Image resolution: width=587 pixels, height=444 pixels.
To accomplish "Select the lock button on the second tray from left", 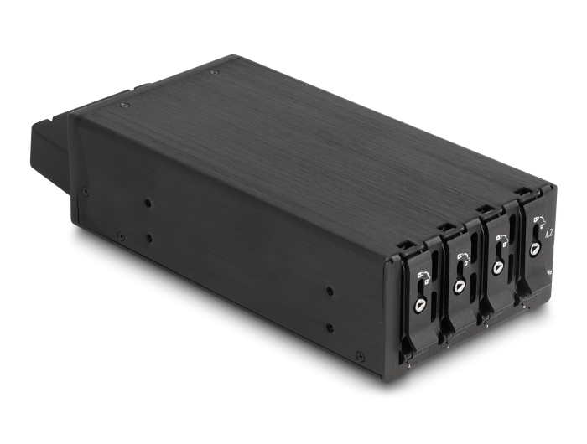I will click(460, 286).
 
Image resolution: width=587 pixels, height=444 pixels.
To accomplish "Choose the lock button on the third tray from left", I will click(498, 267).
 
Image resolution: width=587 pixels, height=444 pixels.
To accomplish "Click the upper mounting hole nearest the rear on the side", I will click(148, 204).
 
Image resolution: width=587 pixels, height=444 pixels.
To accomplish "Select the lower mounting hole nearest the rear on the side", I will click(149, 238).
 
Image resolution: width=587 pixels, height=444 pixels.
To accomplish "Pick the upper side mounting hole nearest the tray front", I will click(329, 292).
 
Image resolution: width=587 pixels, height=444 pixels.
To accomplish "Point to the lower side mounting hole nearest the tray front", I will click(330, 327).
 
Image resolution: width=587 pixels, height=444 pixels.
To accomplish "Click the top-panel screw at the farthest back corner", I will click(214, 73).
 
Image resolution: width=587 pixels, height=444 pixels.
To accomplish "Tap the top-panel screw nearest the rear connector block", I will click(124, 105).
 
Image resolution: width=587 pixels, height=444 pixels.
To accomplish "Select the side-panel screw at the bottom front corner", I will click(361, 358).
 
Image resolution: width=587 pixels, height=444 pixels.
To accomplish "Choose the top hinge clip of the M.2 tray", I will click(523, 192).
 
